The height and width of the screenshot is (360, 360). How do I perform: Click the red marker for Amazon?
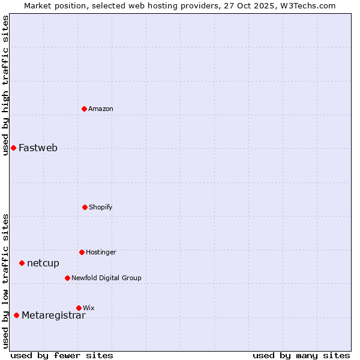[85, 109]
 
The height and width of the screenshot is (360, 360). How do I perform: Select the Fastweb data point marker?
[13, 148]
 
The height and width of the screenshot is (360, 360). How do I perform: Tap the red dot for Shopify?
[85, 207]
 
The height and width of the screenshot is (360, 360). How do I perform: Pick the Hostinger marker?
[82, 252]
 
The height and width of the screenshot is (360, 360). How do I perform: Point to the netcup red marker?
[22, 263]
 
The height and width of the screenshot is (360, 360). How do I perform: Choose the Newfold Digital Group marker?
[67, 278]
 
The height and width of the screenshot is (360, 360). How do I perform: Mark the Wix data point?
[79, 308]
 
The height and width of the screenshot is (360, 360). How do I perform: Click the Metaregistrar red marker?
[16, 315]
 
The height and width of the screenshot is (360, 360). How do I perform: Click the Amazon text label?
[101, 109]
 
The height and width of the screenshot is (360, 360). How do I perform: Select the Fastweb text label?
[38, 148]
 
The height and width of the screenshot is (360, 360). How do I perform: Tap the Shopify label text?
[101, 207]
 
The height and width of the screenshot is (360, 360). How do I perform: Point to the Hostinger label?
[101, 252]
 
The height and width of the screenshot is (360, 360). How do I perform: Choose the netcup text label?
[43, 263]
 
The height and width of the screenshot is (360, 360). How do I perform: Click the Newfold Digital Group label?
[106, 278]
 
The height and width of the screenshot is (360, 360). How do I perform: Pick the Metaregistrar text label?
[53, 316]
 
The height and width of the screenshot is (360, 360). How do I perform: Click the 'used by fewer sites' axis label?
[62, 356]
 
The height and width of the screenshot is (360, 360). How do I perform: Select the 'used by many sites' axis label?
[301, 356]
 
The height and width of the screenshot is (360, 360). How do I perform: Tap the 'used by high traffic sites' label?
[5, 85]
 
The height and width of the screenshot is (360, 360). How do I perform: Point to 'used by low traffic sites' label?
[5, 281]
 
